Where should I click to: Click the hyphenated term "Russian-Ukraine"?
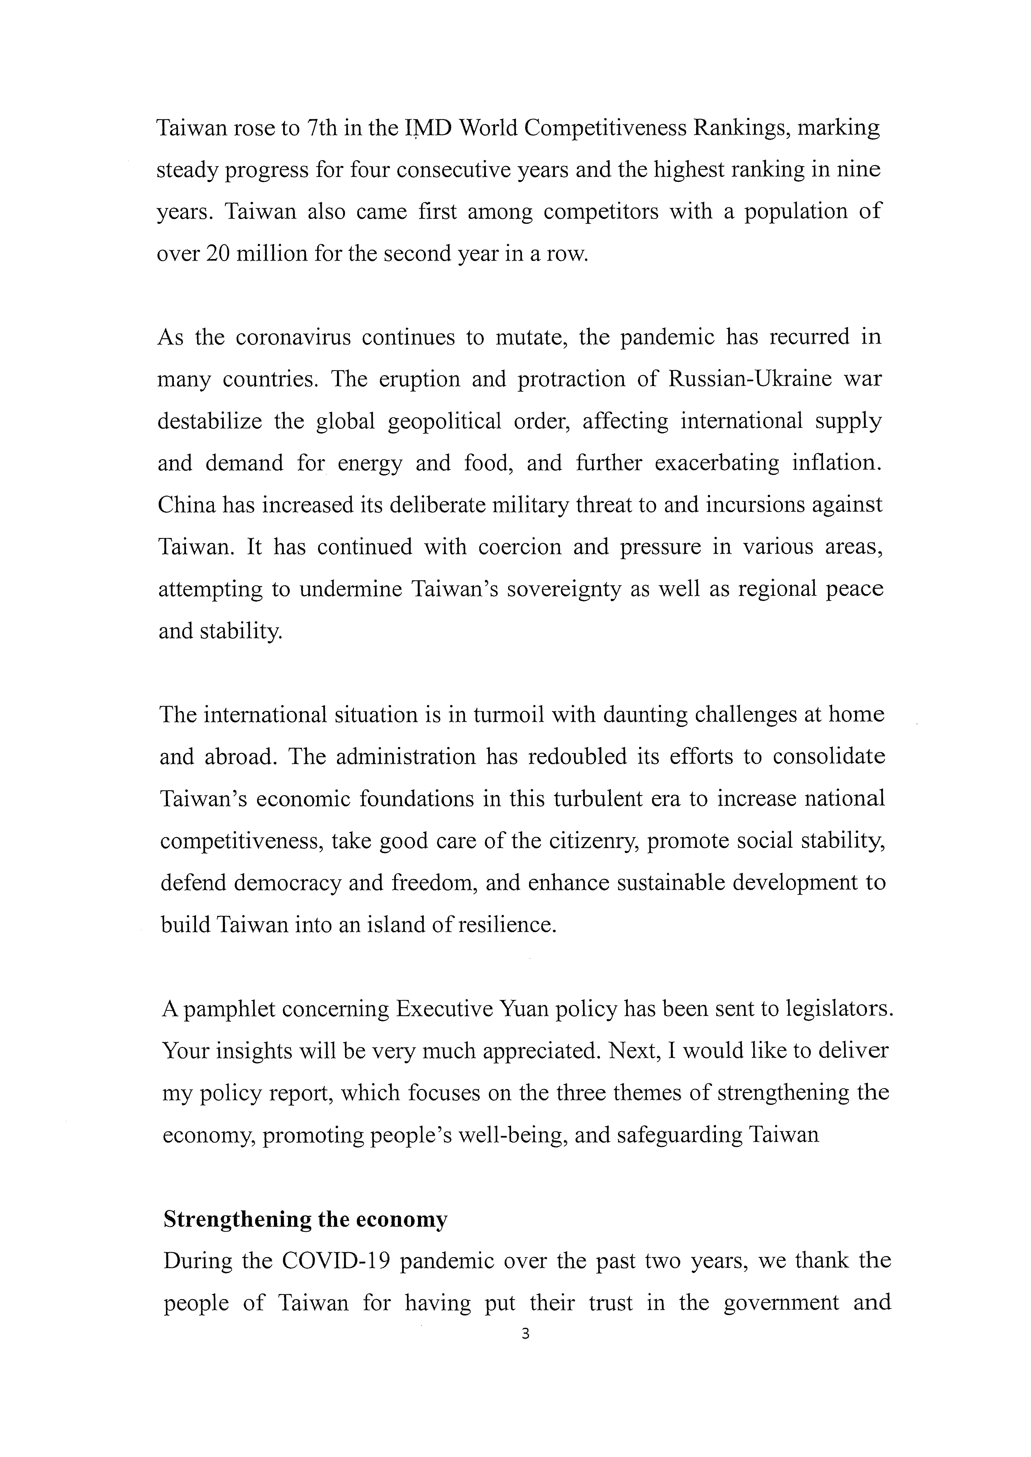(x=749, y=379)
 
